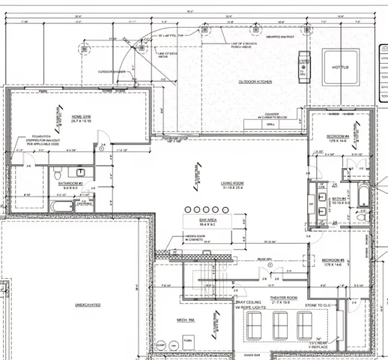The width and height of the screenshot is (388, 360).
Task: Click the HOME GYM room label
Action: click(81, 117)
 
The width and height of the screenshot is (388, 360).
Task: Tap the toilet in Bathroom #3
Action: click(81, 171)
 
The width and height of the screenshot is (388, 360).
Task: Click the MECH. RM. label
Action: click(187, 320)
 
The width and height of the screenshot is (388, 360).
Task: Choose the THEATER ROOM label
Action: click(284, 298)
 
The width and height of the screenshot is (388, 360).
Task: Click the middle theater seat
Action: click(282, 325)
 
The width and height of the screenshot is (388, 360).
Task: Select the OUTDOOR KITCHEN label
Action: click(255, 80)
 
